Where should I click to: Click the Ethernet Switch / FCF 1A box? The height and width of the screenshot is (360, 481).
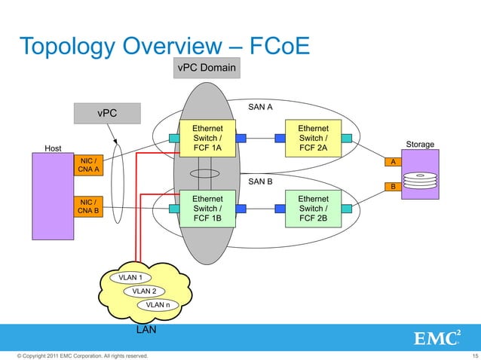click(207, 138)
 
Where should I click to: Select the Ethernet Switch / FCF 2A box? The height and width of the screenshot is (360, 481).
click(313, 138)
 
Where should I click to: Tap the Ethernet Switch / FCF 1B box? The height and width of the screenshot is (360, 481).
click(207, 208)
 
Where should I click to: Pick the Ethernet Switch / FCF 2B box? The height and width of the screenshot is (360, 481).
click(313, 208)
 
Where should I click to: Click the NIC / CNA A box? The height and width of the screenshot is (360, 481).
click(87, 164)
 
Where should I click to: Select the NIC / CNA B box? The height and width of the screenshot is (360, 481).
click(87, 206)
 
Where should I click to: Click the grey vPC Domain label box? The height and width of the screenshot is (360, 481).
click(207, 69)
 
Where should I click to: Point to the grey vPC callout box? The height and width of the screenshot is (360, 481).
click(106, 113)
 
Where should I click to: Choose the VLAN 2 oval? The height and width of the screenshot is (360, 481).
click(144, 291)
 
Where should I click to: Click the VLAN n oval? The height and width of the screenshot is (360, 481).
click(158, 305)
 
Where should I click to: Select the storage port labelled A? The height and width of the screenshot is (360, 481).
click(392, 162)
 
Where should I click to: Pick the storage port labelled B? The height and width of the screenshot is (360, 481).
click(392, 186)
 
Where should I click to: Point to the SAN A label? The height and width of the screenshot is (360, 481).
click(260, 108)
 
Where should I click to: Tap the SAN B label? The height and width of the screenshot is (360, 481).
click(260, 182)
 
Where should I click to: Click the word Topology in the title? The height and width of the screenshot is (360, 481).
click(66, 47)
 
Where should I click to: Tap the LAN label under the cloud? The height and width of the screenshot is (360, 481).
click(145, 330)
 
